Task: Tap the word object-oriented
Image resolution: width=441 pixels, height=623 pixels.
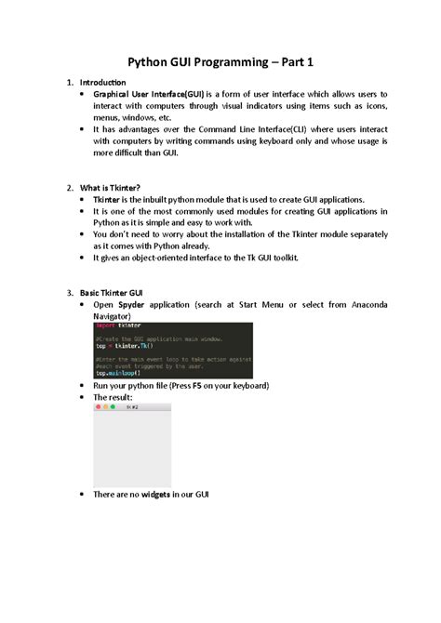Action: tap(165, 258)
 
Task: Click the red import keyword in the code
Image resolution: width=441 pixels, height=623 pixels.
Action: tap(105, 325)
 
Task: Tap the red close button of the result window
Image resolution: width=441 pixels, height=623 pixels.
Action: tap(98, 406)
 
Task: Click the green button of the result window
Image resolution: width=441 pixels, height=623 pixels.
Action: tap(114, 406)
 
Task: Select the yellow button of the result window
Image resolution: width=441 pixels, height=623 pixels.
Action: tap(105, 406)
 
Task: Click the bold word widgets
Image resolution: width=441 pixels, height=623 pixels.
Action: tap(153, 494)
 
